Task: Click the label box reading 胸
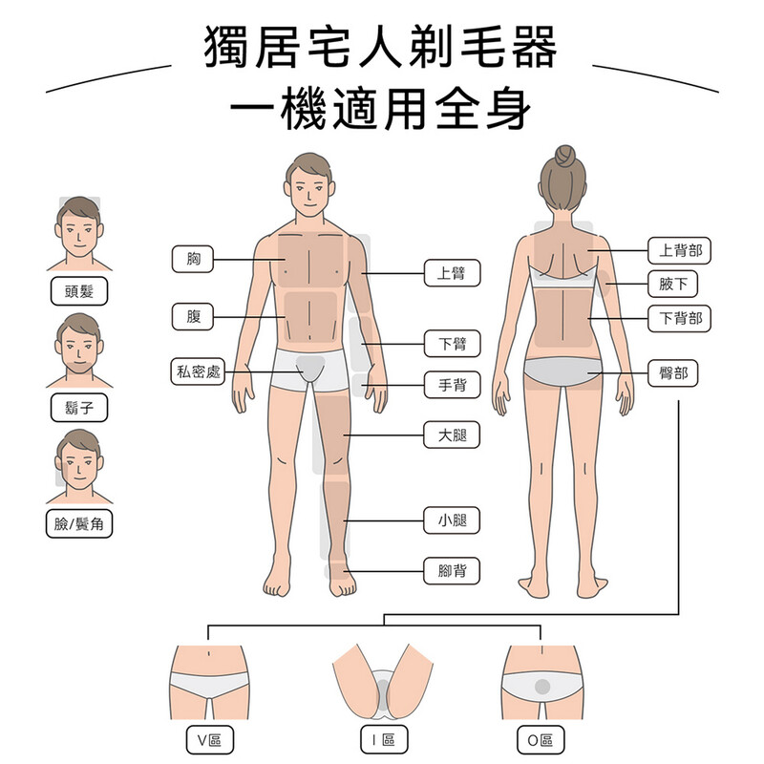tap(194, 259)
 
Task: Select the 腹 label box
tap(194, 316)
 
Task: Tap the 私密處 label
tap(198, 371)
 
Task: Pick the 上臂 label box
tap(452, 273)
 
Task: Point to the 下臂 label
tap(452, 342)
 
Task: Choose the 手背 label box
tap(452, 385)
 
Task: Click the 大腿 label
tap(452, 436)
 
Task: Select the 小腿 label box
tap(452, 521)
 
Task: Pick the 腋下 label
tap(673, 284)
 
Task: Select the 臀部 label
tap(673, 372)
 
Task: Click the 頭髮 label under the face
tap(78, 291)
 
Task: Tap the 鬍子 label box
tap(78, 409)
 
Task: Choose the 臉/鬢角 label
tap(78, 523)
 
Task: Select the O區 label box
tap(540, 740)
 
